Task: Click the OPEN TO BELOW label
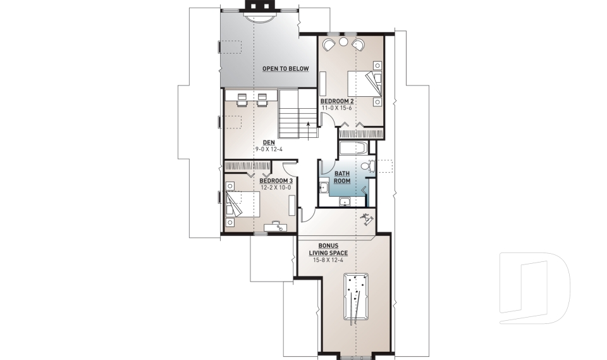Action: click(286, 68)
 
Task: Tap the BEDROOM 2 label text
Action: click(336, 101)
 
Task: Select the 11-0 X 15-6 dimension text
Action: click(336, 108)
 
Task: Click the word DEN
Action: click(269, 142)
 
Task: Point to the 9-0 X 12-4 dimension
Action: click(269, 149)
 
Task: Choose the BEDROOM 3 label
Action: click(276, 180)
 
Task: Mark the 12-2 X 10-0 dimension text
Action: click(276, 187)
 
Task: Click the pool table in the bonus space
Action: click(356, 297)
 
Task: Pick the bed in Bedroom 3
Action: click(242, 204)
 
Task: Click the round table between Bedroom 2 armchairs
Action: click(343, 42)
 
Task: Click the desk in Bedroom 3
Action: click(277, 226)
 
